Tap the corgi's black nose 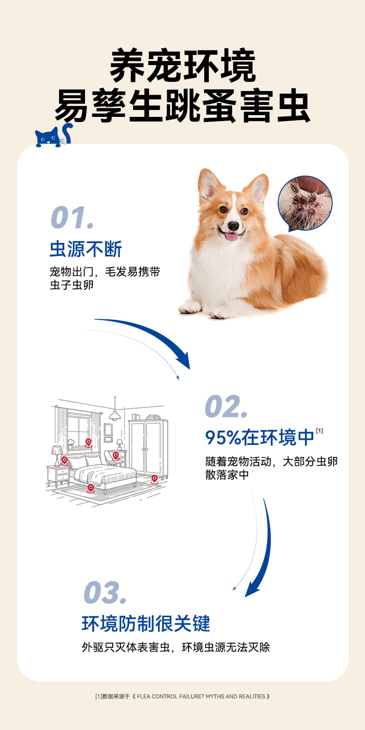tap(233, 225)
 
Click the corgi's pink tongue tap(231, 236)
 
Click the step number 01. tap(73, 217)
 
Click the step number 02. tap(226, 407)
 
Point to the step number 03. tap(105, 592)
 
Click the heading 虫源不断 tap(86, 249)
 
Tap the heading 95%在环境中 tap(259, 438)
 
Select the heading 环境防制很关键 tap(146, 623)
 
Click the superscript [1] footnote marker tap(319, 431)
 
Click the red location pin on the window tap(88, 443)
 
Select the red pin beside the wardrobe tap(154, 479)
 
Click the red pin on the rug tap(91, 488)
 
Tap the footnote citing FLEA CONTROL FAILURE tap(182, 696)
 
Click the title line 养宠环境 tap(182, 66)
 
